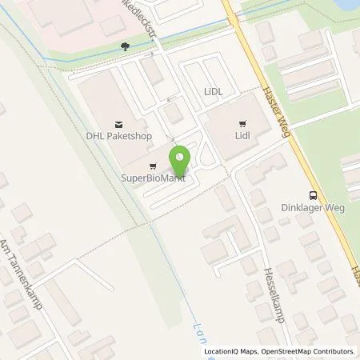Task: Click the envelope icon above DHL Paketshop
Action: point(120,123)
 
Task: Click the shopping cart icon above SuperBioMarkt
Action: point(153,166)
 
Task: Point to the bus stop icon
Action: point(313,194)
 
